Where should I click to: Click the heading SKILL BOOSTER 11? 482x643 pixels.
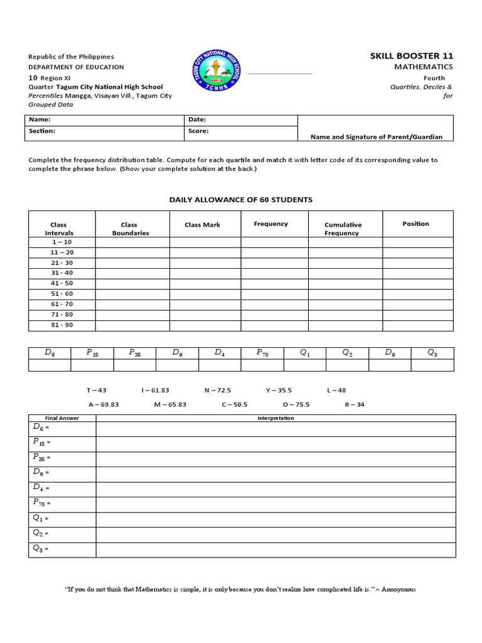coord(411,57)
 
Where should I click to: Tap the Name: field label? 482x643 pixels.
coord(40,119)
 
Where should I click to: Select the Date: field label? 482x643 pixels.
coord(197,119)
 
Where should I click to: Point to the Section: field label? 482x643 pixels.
coord(42,131)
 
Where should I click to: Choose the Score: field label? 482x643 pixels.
coord(198,131)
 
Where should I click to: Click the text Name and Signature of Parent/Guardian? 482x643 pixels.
coord(377,137)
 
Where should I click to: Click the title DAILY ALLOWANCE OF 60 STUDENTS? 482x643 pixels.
coord(241,200)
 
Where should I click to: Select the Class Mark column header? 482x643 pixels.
coord(203,224)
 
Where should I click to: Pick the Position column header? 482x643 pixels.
coord(415,224)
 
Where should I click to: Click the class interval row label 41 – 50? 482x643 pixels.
coord(62,283)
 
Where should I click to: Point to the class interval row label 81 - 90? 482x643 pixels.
coord(62,325)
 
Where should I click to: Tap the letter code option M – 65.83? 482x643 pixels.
coord(170,404)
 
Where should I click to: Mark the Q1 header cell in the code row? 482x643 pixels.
coord(305,353)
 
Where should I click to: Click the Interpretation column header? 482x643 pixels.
coord(276,418)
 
